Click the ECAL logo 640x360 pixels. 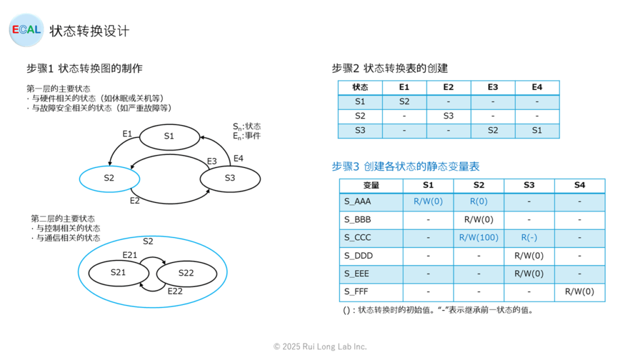(x=26, y=30)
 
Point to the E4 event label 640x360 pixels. (x=238, y=158)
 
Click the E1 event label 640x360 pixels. (x=127, y=134)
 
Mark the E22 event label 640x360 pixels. (x=175, y=291)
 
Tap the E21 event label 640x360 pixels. (x=130, y=255)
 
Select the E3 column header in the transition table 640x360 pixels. (x=492, y=87)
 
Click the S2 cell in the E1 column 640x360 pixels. (x=404, y=102)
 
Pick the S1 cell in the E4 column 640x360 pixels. (x=537, y=131)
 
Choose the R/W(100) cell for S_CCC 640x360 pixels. (x=479, y=237)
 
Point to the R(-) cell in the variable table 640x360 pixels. (x=529, y=237)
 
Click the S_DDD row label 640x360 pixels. (x=358, y=256)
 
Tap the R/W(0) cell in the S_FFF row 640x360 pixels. (x=579, y=292)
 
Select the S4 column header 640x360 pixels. (x=579, y=185)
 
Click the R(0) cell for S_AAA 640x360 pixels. (x=479, y=202)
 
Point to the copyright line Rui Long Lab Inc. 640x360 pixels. (x=320, y=347)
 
